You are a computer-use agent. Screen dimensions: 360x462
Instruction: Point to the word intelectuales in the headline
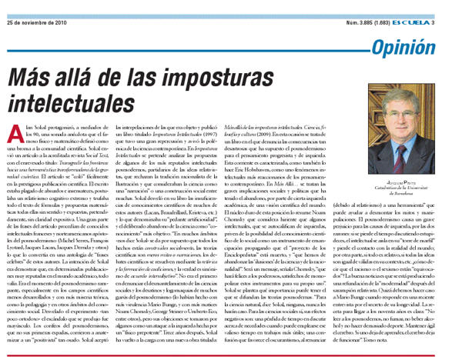pos(83,107)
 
